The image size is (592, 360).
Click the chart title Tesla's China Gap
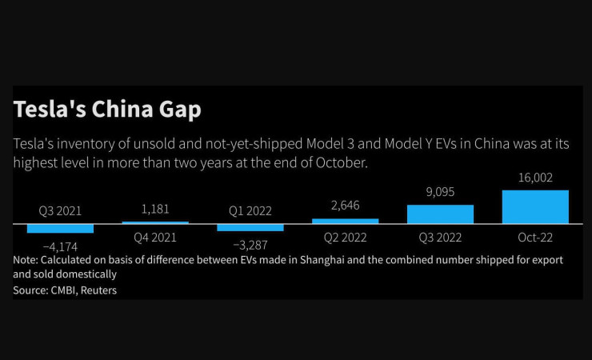[107, 110]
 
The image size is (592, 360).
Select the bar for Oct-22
[535, 207]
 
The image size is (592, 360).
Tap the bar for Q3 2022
[440, 214]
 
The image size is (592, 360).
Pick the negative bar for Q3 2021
[60, 228]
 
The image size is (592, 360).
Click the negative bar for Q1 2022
[250, 227]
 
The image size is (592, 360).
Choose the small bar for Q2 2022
[345, 221]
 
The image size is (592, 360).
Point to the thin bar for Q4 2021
[155, 222]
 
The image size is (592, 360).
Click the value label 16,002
[535, 178]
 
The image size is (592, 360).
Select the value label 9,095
[440, 192]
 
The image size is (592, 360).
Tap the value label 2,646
[345, 206]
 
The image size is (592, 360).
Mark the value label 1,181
[155, 210]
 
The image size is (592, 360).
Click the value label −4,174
[60, 246]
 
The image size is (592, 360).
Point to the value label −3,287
[250, 244]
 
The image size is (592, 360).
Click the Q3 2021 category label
[60, 211]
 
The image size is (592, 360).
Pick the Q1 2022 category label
[250, 211]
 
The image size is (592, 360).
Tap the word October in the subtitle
[342, 162]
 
